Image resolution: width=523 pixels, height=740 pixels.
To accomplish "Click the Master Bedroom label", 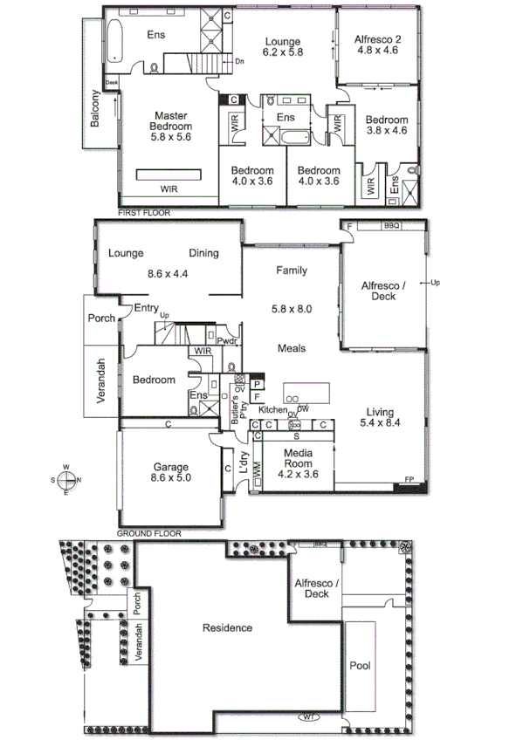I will [x=171, y=126].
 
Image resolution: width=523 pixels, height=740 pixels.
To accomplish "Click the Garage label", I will [x=171, y=472].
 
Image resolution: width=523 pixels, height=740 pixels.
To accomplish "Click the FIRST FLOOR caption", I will [x=144, y=213].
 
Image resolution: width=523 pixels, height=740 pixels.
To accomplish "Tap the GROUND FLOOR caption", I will [x=148, y=531].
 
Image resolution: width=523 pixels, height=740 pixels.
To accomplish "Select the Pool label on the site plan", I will [x=360, y=666].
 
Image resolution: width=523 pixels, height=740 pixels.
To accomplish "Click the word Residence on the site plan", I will [x=227, y=627].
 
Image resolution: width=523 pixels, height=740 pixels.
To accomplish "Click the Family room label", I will [x=291, y=271].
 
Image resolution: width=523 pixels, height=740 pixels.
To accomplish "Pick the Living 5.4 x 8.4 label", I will [x=380, y=419].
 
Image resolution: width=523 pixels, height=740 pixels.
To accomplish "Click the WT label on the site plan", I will [x=309, y=717].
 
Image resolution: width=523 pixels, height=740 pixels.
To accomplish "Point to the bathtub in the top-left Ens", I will [x=114, y=41].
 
